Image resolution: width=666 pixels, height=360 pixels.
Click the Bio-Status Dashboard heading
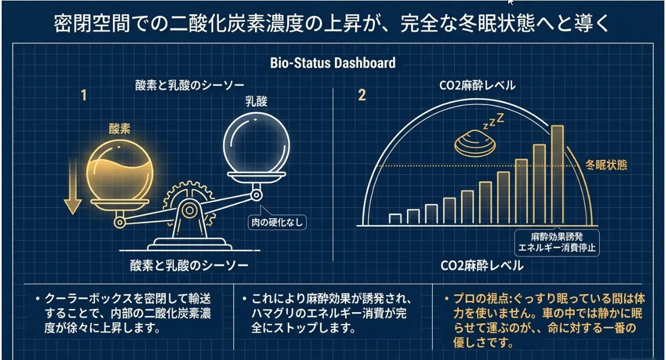point(333,63)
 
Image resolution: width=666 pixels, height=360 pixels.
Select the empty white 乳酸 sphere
point(256,143)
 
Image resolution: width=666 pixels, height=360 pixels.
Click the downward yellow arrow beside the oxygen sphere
point(73,187)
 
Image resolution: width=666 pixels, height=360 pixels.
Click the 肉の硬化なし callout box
point(277,222)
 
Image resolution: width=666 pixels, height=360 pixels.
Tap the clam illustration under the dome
point(475,144)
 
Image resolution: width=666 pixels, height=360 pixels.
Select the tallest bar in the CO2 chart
point(557,174)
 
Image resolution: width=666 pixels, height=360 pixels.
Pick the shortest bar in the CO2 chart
point(395,219)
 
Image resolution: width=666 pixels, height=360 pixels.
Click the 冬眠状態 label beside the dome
point(606,165)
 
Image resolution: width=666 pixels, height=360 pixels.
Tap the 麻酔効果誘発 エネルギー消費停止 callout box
point(557,243)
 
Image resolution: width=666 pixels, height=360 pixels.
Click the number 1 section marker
point(84,95)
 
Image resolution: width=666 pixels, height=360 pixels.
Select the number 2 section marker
point(362,95)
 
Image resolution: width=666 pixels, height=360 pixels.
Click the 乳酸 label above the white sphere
point(256,101)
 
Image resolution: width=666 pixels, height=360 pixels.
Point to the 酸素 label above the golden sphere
point(119,128)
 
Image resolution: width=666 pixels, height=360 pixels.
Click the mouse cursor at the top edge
point(510,2)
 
